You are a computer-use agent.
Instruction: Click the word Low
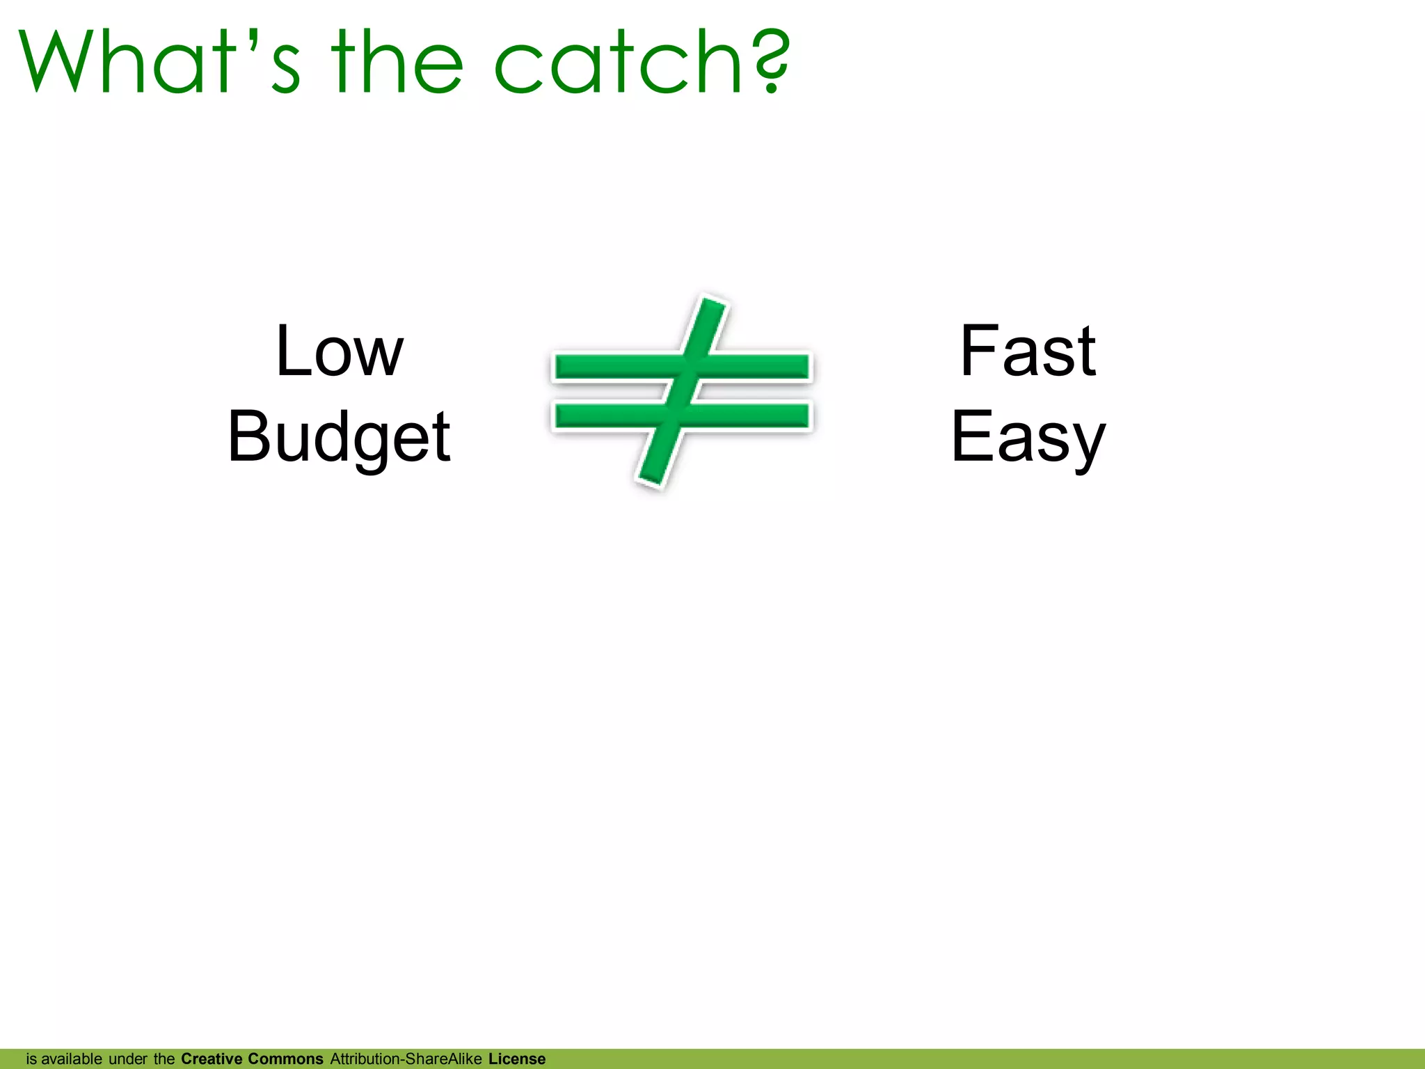[339, 351]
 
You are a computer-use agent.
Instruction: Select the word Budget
[339, 437]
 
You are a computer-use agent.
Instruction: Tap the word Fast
[1028, 351]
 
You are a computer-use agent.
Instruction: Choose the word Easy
[1028, 437]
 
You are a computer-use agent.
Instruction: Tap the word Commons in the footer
[285, 1059]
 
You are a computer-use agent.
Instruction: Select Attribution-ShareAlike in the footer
[406, 1059]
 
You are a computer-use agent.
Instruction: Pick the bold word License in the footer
[517, 1059]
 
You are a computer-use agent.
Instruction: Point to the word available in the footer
[72, 1059]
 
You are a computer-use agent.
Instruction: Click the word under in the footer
[127, 1059]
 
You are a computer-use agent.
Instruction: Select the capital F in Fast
[977, 351]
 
